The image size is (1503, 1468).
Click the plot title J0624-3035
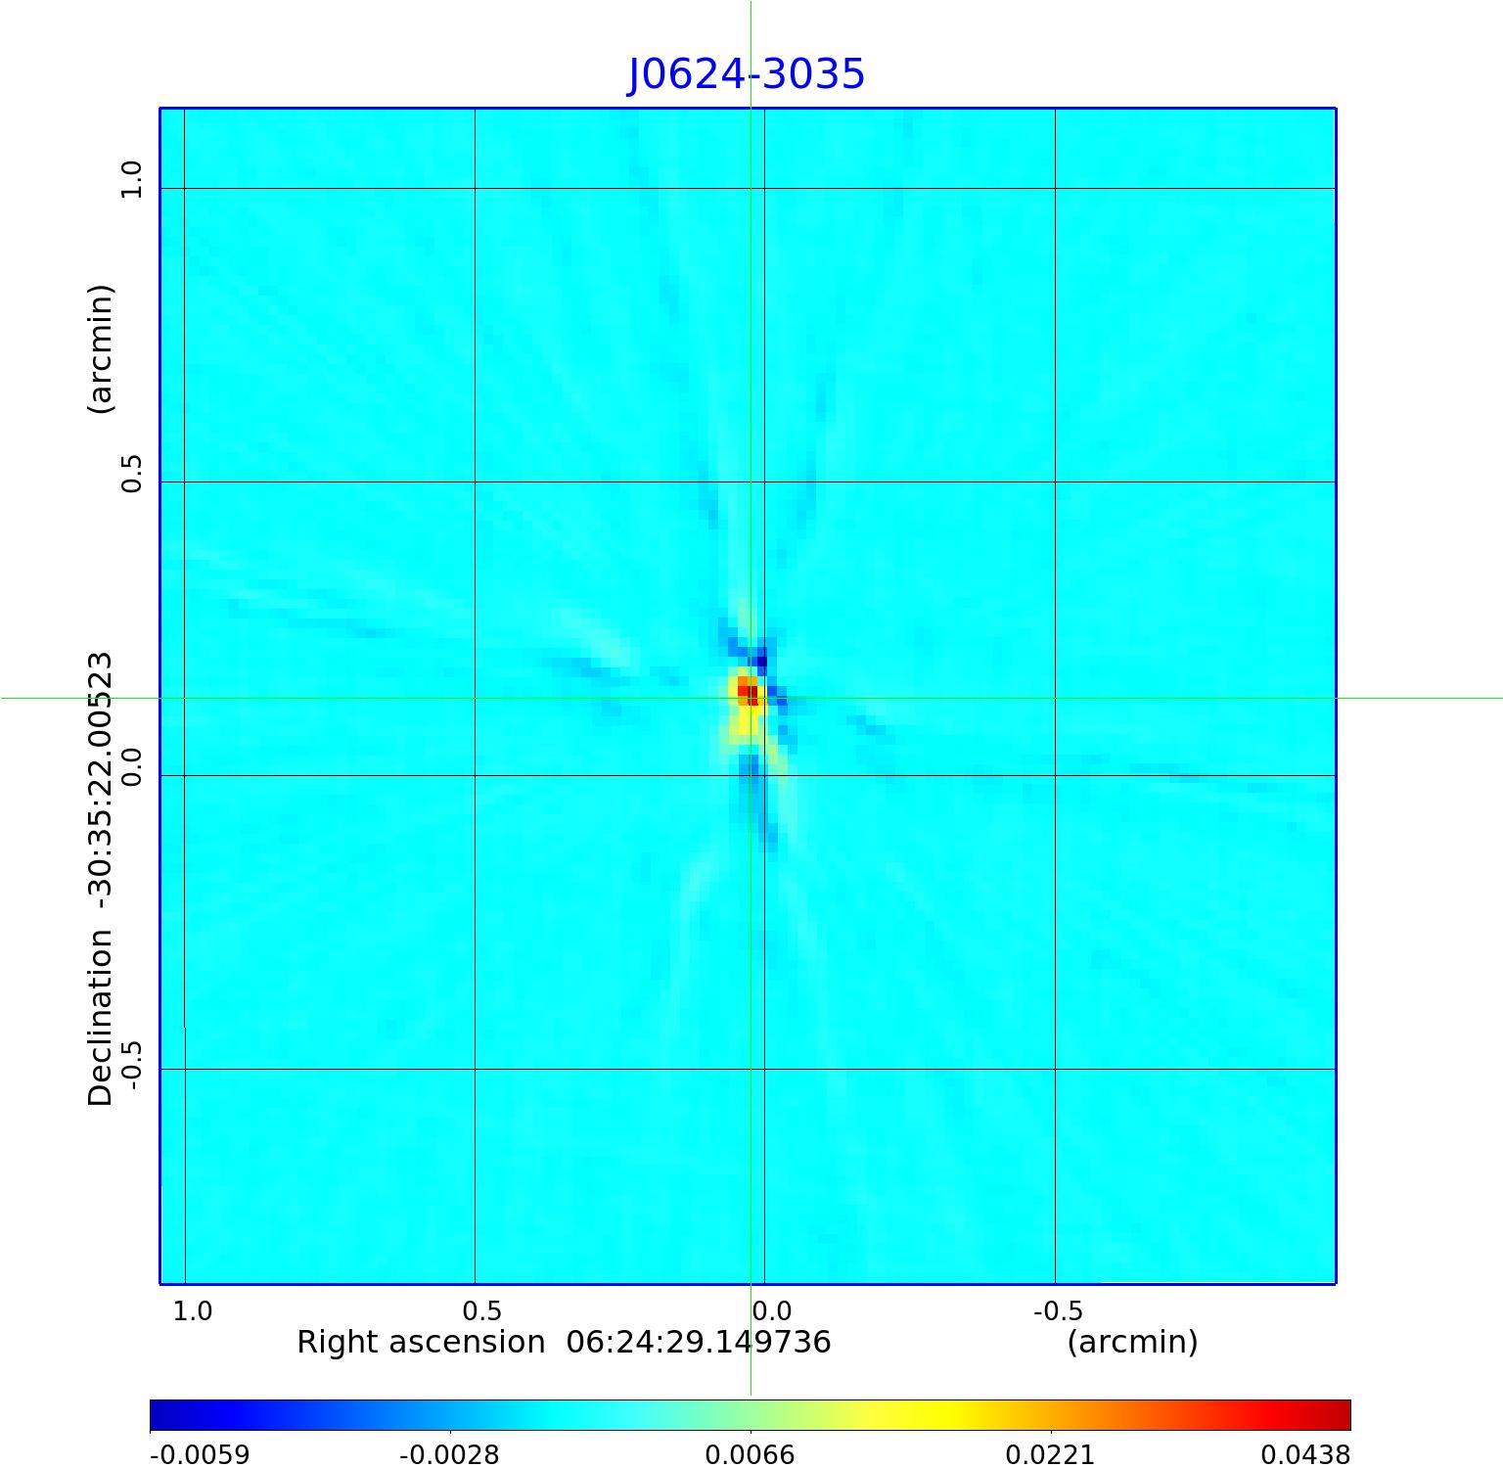pyautogui.click(x=746, y=74)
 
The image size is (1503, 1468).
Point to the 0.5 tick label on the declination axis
pyautogui.click(x=131, y=473)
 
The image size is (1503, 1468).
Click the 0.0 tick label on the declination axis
pyautogui.click(x=131, y=765)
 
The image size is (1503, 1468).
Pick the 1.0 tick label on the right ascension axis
pyautogui.click(x=192, y=1310)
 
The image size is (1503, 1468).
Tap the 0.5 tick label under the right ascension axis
pyautogui.click(x=481, y=1310)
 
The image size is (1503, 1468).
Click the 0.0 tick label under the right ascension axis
pyautogui.click(x=771, y=1310)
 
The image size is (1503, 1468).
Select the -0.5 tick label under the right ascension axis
pyautogui.click(x=1058, y=1310)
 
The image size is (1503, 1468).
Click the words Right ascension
pyautogui.click(x=421, y=1342)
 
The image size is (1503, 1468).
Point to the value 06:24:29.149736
pyautogui.click(x=699, y=1342)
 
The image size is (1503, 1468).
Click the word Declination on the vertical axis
pyautogui.click(x=101, y=1018)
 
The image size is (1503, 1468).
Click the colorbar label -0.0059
pyautogui.click(x=200, y=1454)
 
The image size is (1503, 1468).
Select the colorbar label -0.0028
pyautogui.click(x=449, y=1454)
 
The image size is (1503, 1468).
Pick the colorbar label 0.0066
pyautogui.click(x=750, y=1454)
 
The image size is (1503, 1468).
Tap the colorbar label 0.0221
pyautogui.click(x=1050, y=1454)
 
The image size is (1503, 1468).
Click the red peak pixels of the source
pyautogui.click(x=750, y=694)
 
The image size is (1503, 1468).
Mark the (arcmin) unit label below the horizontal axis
pyautogui.click(x=1132, y=1342)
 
